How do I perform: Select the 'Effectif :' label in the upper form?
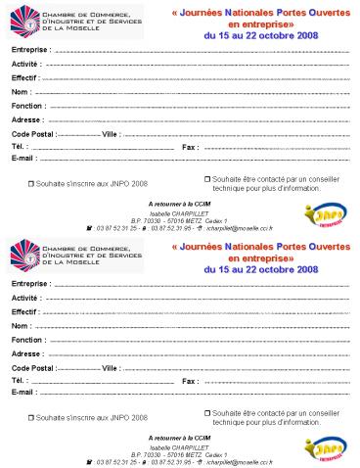click(25, 76)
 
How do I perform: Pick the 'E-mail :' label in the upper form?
click(24, 158)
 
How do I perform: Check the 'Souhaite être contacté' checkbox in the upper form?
click(207, 178)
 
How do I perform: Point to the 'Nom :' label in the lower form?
click(21, 325)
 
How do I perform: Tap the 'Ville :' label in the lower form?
click(111, 367)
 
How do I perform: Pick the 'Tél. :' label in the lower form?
click(21, 380)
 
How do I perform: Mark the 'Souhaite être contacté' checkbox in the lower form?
click(207, 412)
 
